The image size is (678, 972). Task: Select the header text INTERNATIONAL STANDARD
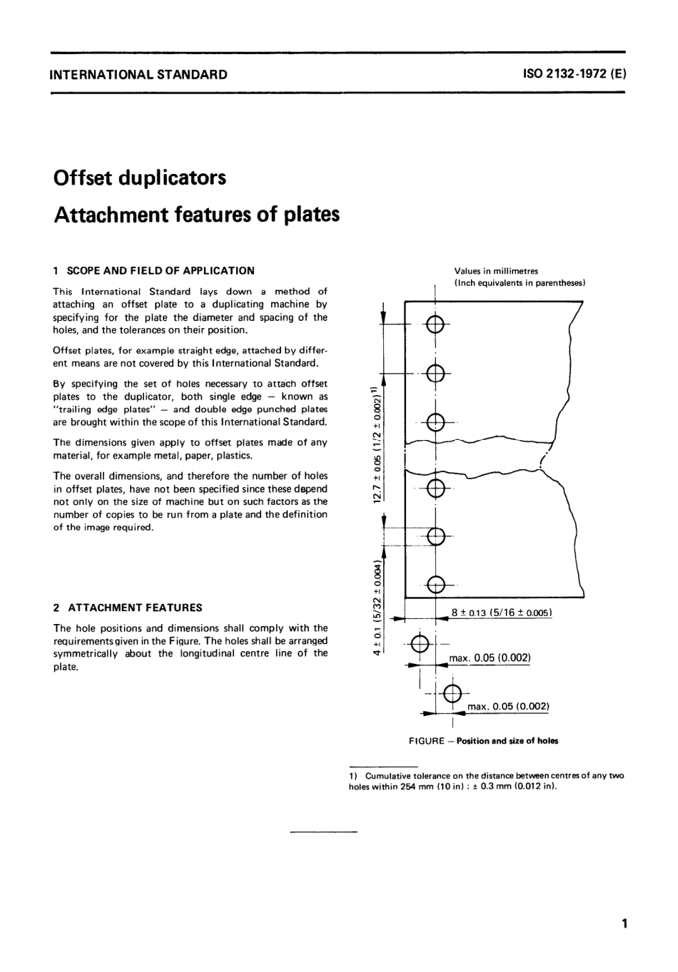click(138, 74)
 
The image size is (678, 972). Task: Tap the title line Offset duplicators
click(140, 177)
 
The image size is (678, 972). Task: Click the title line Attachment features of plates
click(196, 214)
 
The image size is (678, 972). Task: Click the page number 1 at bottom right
click(624, 925)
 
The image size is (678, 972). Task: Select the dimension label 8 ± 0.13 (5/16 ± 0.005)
click(502, 612)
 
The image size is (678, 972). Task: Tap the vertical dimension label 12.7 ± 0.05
click(378, 442)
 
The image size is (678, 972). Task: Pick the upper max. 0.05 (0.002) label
click(490, 658)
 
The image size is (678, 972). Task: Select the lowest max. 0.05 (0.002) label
click(508, 707)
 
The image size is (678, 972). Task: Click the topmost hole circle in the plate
click(435, 325)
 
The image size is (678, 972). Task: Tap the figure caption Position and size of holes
click(507, 741)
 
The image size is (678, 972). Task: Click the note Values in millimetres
click(496, 271)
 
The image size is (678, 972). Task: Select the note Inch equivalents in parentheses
click(520, 283)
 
